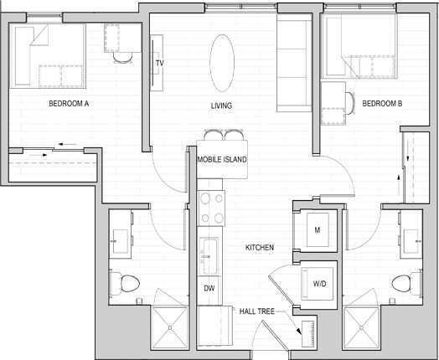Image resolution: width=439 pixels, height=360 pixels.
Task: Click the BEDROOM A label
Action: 69,104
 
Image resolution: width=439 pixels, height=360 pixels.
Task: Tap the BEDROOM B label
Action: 382,104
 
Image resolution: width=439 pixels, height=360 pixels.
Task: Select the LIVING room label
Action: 221,105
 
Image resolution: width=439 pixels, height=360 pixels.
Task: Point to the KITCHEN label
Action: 260,248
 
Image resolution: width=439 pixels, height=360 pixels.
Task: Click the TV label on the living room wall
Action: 159,64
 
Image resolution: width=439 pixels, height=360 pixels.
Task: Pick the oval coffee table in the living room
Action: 222,64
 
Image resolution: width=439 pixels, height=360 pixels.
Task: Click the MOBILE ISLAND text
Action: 222,160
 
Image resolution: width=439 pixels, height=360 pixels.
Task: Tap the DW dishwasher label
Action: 209,288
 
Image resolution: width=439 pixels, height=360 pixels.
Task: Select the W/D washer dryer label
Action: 319,284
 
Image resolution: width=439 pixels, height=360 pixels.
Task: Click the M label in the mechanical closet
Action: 318,230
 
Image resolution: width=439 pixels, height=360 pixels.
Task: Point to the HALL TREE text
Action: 256,311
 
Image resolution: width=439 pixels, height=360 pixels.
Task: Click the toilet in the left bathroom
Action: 125,284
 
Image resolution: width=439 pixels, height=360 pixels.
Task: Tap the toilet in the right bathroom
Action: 406,283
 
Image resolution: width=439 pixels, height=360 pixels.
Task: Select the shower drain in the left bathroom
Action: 170,327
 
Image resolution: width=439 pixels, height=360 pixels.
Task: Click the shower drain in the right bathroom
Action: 362,327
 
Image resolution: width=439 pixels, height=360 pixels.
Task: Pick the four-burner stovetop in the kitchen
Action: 211,208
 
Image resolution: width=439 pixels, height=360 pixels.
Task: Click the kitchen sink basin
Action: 209,256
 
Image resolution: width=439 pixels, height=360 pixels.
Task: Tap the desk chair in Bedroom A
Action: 123,58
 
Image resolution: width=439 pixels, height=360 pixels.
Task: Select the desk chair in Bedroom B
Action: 350,103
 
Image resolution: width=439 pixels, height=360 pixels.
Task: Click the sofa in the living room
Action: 295,64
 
